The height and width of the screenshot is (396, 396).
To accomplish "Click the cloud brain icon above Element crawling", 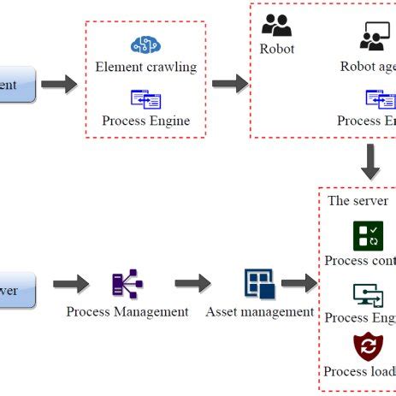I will click(x=145, y=44).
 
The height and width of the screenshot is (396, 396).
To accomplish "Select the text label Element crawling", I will click(x=145, y=67).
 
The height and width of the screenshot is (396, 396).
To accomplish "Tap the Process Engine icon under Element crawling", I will click(x=145, y=99).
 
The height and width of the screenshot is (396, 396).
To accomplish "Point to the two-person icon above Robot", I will click(x=276, y=25).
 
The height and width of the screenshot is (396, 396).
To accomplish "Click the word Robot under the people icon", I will click(x=276, y=49).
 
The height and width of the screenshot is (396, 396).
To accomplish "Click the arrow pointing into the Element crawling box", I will click(x=59, y=85).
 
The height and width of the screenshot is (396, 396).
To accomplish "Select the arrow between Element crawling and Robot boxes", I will click(x=229, y=84).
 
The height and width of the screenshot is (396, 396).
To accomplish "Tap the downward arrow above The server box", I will click(x=370, y=161).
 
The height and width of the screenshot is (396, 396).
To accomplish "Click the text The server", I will click(x=358, y=201).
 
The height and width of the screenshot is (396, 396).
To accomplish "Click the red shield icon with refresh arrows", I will click(x=369, y=347).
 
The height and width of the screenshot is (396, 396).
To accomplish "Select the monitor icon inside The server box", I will click(x=369, y=295).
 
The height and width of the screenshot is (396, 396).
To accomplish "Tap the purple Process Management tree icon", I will click(x=127, y=284).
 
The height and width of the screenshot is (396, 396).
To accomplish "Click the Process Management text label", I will click(x=127, y=312).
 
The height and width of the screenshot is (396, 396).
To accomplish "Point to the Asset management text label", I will click(x=259, y=312).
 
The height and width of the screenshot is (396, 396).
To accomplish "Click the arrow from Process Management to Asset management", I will click(x=192, y=284).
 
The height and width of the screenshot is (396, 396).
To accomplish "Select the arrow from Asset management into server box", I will click(x=298, y=284).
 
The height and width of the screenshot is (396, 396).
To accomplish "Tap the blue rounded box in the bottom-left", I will click(x=17, y=290).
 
